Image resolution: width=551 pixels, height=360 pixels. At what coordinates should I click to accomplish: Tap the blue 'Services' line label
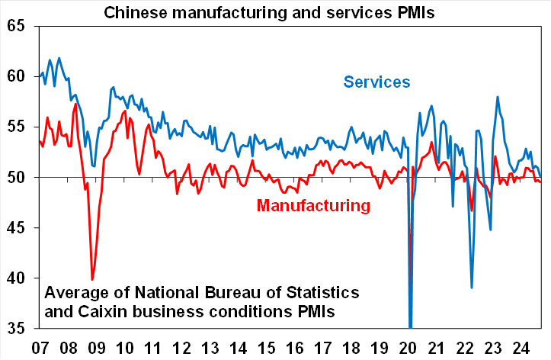(376, 82)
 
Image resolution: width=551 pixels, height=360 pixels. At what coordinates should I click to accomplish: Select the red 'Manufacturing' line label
(313, 205)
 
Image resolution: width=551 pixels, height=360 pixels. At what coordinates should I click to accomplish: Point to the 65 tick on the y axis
(16, 27)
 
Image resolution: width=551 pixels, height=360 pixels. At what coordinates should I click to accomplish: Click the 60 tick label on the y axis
(16, 77)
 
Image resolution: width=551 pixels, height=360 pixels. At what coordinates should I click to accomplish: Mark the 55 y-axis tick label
(16, 127)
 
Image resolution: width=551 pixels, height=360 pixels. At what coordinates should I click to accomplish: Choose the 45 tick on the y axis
(16, 228)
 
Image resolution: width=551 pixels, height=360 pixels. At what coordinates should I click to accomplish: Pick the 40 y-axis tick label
(16, 278)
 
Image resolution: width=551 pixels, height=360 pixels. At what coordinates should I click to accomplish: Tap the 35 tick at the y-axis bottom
(16, 329)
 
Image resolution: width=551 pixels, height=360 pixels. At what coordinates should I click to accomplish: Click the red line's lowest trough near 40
(92, 279)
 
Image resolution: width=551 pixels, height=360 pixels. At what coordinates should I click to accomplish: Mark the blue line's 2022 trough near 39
(473, 288)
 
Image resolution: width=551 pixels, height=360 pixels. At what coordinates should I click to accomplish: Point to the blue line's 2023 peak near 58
(498, 98)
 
